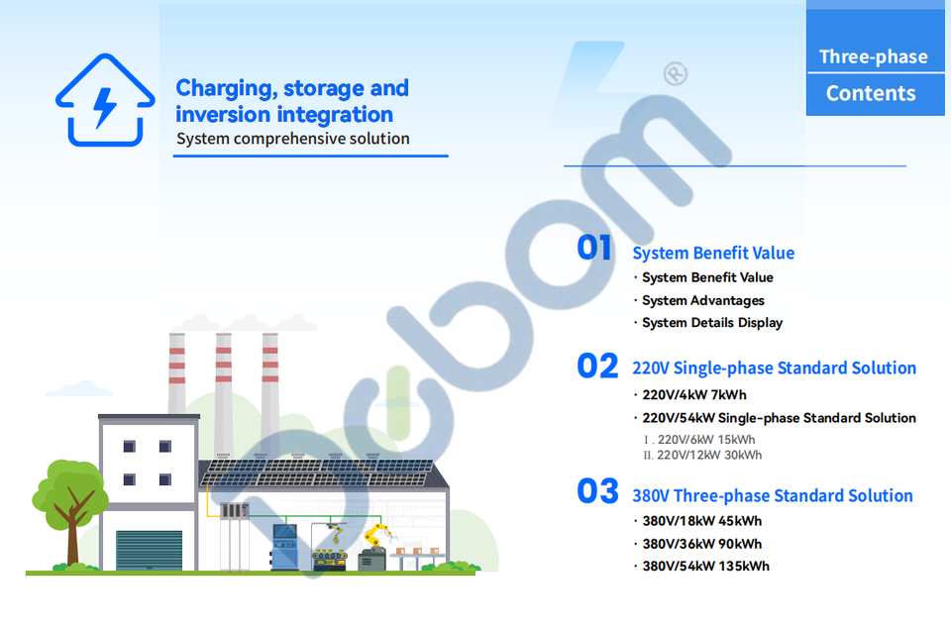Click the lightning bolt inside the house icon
[104, 107]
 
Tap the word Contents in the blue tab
[871, 93]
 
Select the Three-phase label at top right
[874, 57]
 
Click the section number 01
[593, 248]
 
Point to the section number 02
[597, 366]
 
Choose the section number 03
[597, 490]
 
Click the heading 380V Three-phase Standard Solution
[772, 495]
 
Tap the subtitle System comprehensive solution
[293, 139]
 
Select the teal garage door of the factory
[150, 550]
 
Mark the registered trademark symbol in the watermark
[675, 73]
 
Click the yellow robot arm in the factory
[378, 535]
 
